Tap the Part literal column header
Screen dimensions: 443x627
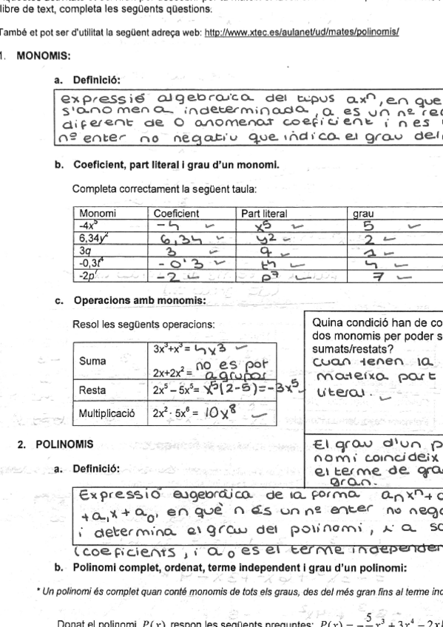(263, 211)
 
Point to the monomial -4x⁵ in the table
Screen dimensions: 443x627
(90, 222)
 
